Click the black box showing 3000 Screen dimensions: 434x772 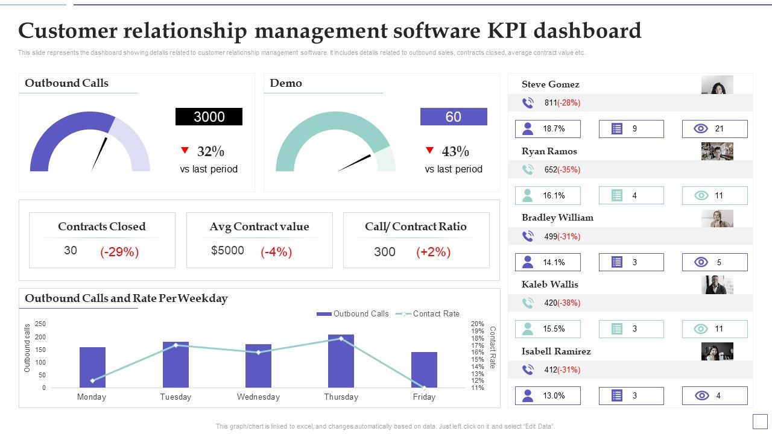pos(209,117)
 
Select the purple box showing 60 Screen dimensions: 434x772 pos(453,117)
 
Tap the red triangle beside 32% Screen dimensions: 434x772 pos(185,150)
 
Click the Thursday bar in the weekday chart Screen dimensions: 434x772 pos(341,361)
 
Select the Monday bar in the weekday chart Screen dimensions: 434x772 pos(92,367)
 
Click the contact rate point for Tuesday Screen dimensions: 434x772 pos(176,345)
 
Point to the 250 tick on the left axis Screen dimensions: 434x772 pos(40,324)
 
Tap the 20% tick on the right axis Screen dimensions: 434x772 pos(477,324)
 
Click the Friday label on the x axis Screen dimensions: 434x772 pos(424,397)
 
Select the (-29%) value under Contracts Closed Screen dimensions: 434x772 pos(119,252)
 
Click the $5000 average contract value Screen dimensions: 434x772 pos(227,251)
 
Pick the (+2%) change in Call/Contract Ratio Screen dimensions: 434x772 pos(433,252)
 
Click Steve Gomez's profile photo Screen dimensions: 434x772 pos(717,85)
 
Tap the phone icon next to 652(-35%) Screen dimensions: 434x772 pos(528,170)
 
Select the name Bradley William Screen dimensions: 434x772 pos(557,218)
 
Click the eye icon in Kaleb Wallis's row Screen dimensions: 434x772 pos(700,329)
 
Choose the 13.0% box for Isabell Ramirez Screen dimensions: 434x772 pos(548,396)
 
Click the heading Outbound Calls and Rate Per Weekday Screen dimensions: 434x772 pos(126,298)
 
